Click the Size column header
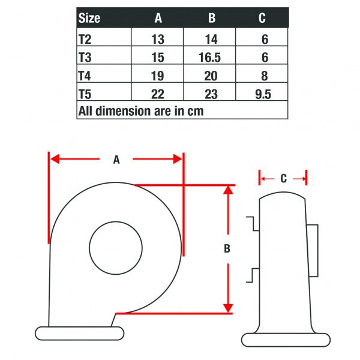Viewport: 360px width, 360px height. [89, 18]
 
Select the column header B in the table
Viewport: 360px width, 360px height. [212, 17]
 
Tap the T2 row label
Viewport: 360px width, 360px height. [85, 39]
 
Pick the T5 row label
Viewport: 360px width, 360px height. [85, 94]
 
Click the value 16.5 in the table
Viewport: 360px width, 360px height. [209, 58]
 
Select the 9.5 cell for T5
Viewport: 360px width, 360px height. [263, 94]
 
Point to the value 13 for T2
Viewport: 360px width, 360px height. [158, 39]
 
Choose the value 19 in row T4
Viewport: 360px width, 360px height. [157, 76]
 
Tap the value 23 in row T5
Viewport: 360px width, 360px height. [211, 94]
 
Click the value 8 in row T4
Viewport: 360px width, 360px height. [265, 76]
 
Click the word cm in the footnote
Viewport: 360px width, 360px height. [196, 112]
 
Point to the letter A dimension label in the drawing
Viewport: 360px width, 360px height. [116, 160]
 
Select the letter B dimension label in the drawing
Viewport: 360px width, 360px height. [227, 248]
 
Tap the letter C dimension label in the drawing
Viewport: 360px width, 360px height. [284, 178]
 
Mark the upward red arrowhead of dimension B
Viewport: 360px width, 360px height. [228, 190]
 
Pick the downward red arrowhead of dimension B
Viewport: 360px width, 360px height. [228, 308]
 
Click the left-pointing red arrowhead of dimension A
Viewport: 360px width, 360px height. [55, 159]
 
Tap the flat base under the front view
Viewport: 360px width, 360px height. [79, 333]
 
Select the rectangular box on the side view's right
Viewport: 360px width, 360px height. [313, 250]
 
